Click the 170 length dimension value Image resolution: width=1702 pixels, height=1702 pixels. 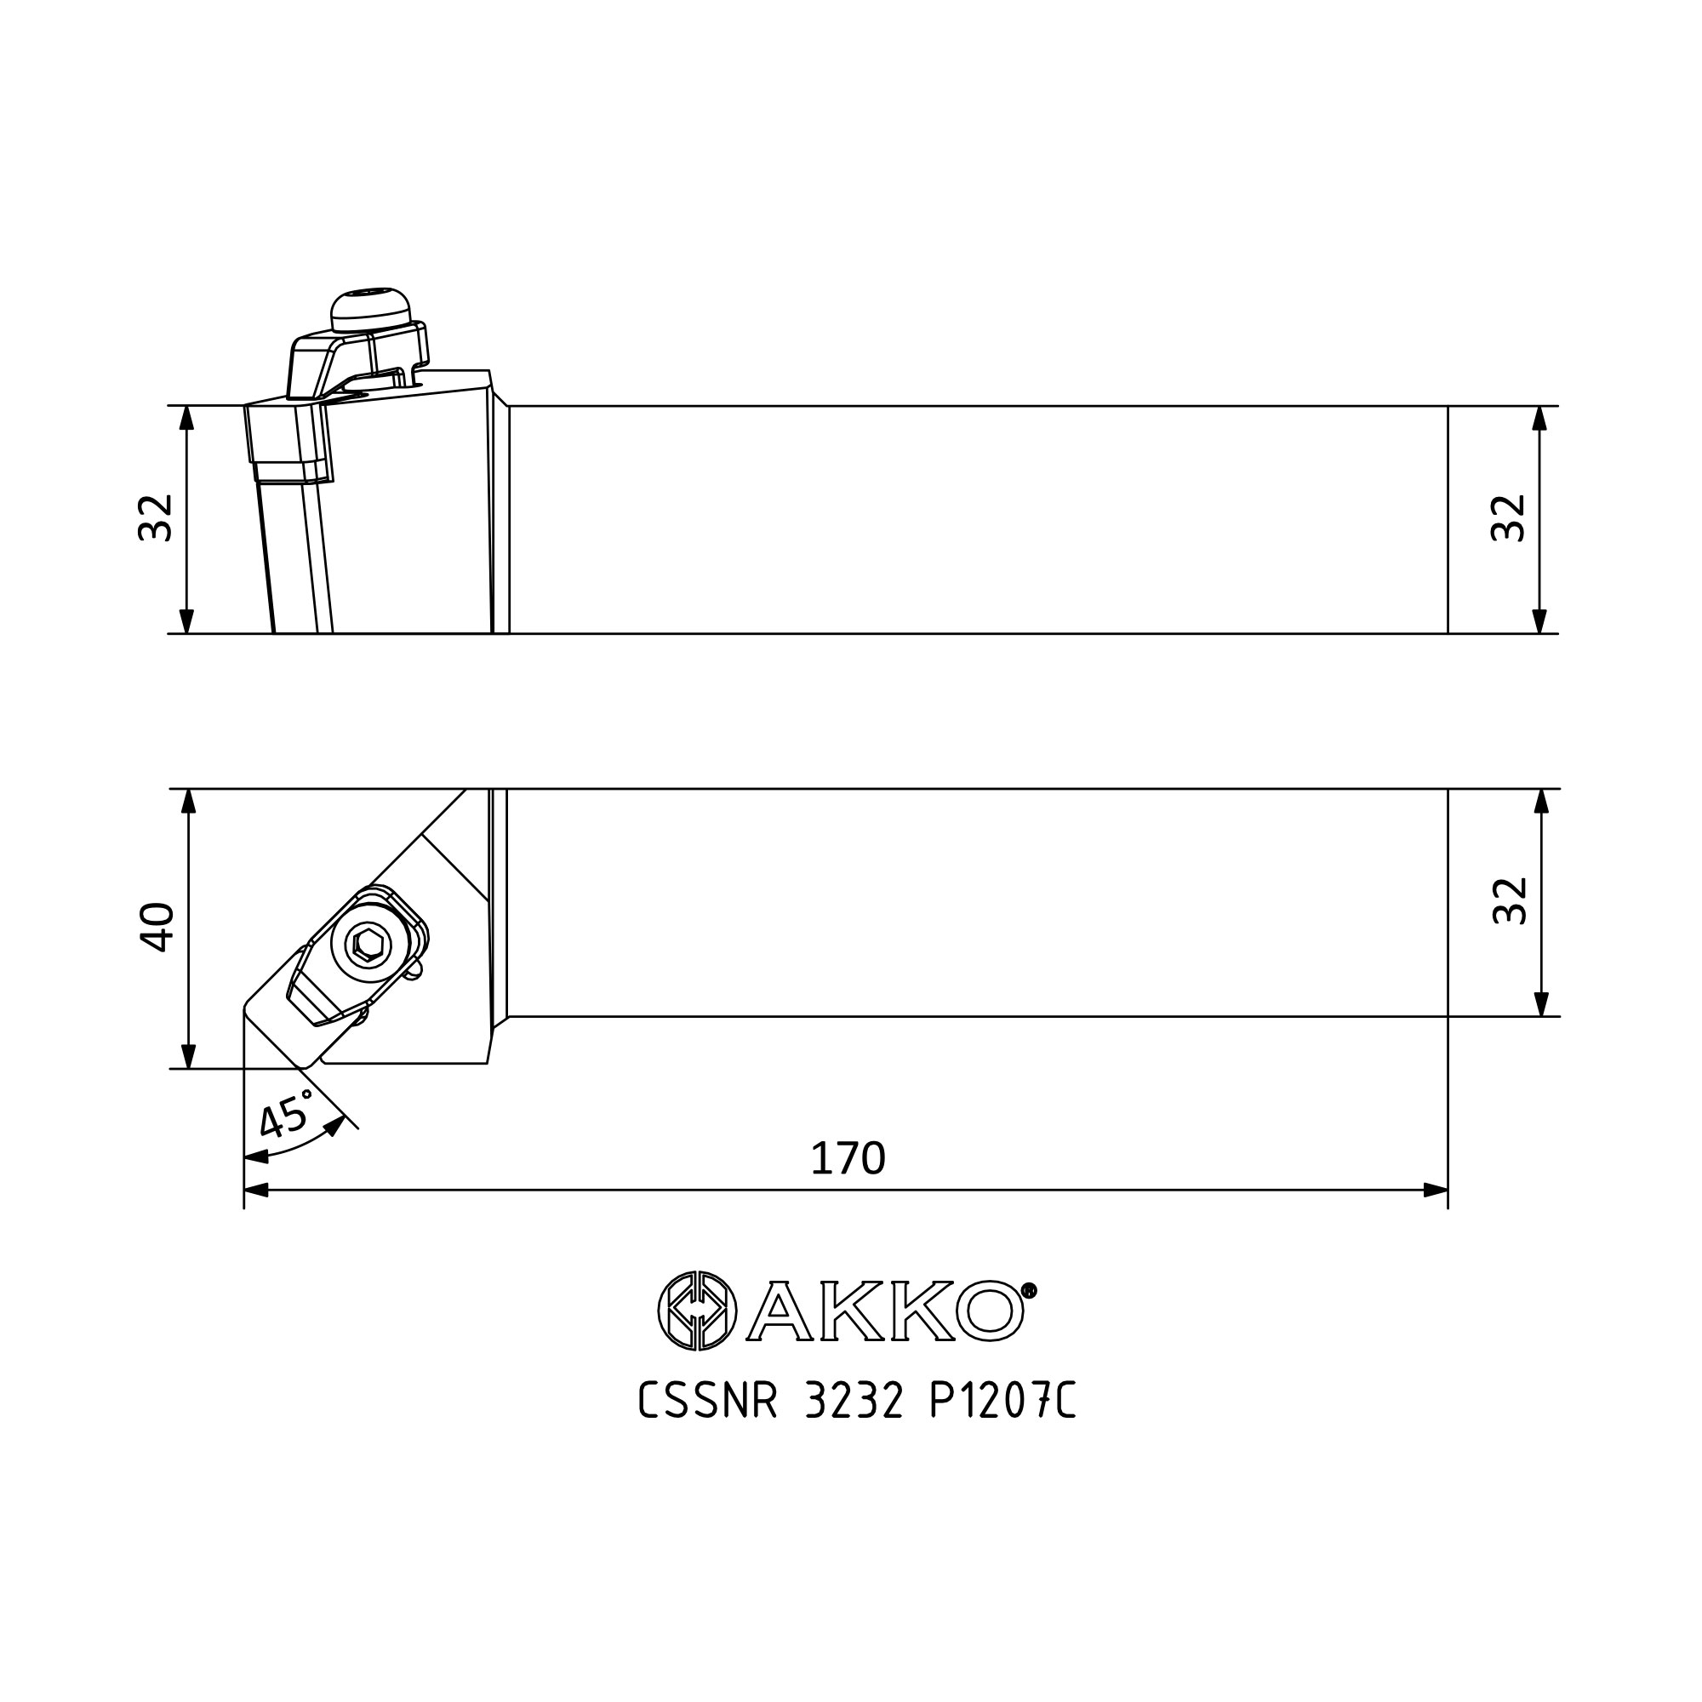[x=848, y=1158]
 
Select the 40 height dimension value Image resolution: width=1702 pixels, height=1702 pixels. [x=157, y=928]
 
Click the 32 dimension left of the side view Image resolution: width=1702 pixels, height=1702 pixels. [x=156, y=517]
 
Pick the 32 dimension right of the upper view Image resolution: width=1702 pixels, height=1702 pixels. [x=1507, y=518]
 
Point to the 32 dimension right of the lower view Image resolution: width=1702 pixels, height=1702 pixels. [x=1509, y=900]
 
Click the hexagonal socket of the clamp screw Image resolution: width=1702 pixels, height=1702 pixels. [x=365, y=946]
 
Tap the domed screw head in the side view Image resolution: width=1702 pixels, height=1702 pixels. [x=370, y=310]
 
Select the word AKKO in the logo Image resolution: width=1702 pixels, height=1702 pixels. [x=885, y=1311]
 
